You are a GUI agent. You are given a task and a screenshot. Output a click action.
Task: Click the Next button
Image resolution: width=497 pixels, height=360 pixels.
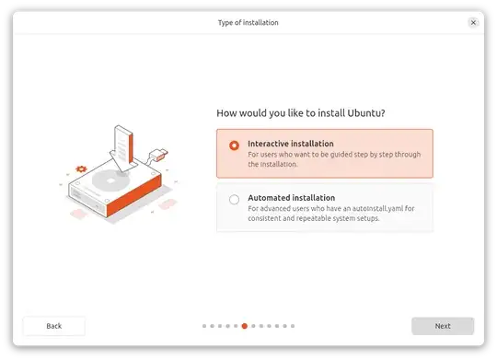coord(443,326)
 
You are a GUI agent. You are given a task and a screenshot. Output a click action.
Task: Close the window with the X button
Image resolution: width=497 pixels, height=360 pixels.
coord(473,22)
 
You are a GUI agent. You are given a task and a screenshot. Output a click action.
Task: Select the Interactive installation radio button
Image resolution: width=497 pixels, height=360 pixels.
coord(234,145)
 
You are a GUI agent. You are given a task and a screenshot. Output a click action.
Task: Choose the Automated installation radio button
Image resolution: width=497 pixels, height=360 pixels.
coord(234,199)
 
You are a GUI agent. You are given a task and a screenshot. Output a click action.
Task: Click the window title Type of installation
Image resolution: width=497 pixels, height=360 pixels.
coord(248,22)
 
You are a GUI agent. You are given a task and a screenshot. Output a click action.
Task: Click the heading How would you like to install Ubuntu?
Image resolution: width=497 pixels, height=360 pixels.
coord(300,113)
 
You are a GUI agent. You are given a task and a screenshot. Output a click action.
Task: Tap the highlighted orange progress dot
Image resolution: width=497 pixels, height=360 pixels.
coord(244,326)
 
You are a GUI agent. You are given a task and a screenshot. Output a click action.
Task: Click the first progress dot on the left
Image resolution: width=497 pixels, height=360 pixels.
coord(203,326)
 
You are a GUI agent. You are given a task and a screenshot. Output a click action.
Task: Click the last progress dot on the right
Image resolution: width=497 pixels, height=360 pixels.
coord(293,326)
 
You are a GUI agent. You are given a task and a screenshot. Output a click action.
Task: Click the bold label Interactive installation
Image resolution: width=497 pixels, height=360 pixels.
coord(291,144)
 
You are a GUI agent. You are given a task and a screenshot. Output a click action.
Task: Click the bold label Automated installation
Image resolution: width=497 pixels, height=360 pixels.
coord(291,198)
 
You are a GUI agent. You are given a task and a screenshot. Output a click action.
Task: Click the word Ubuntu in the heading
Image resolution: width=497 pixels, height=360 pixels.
coord(363,113)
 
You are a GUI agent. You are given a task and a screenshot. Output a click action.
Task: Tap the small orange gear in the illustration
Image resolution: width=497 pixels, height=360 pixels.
coord(81,169)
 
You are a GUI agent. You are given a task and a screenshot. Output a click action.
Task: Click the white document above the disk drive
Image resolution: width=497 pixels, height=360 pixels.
coord(121,142)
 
